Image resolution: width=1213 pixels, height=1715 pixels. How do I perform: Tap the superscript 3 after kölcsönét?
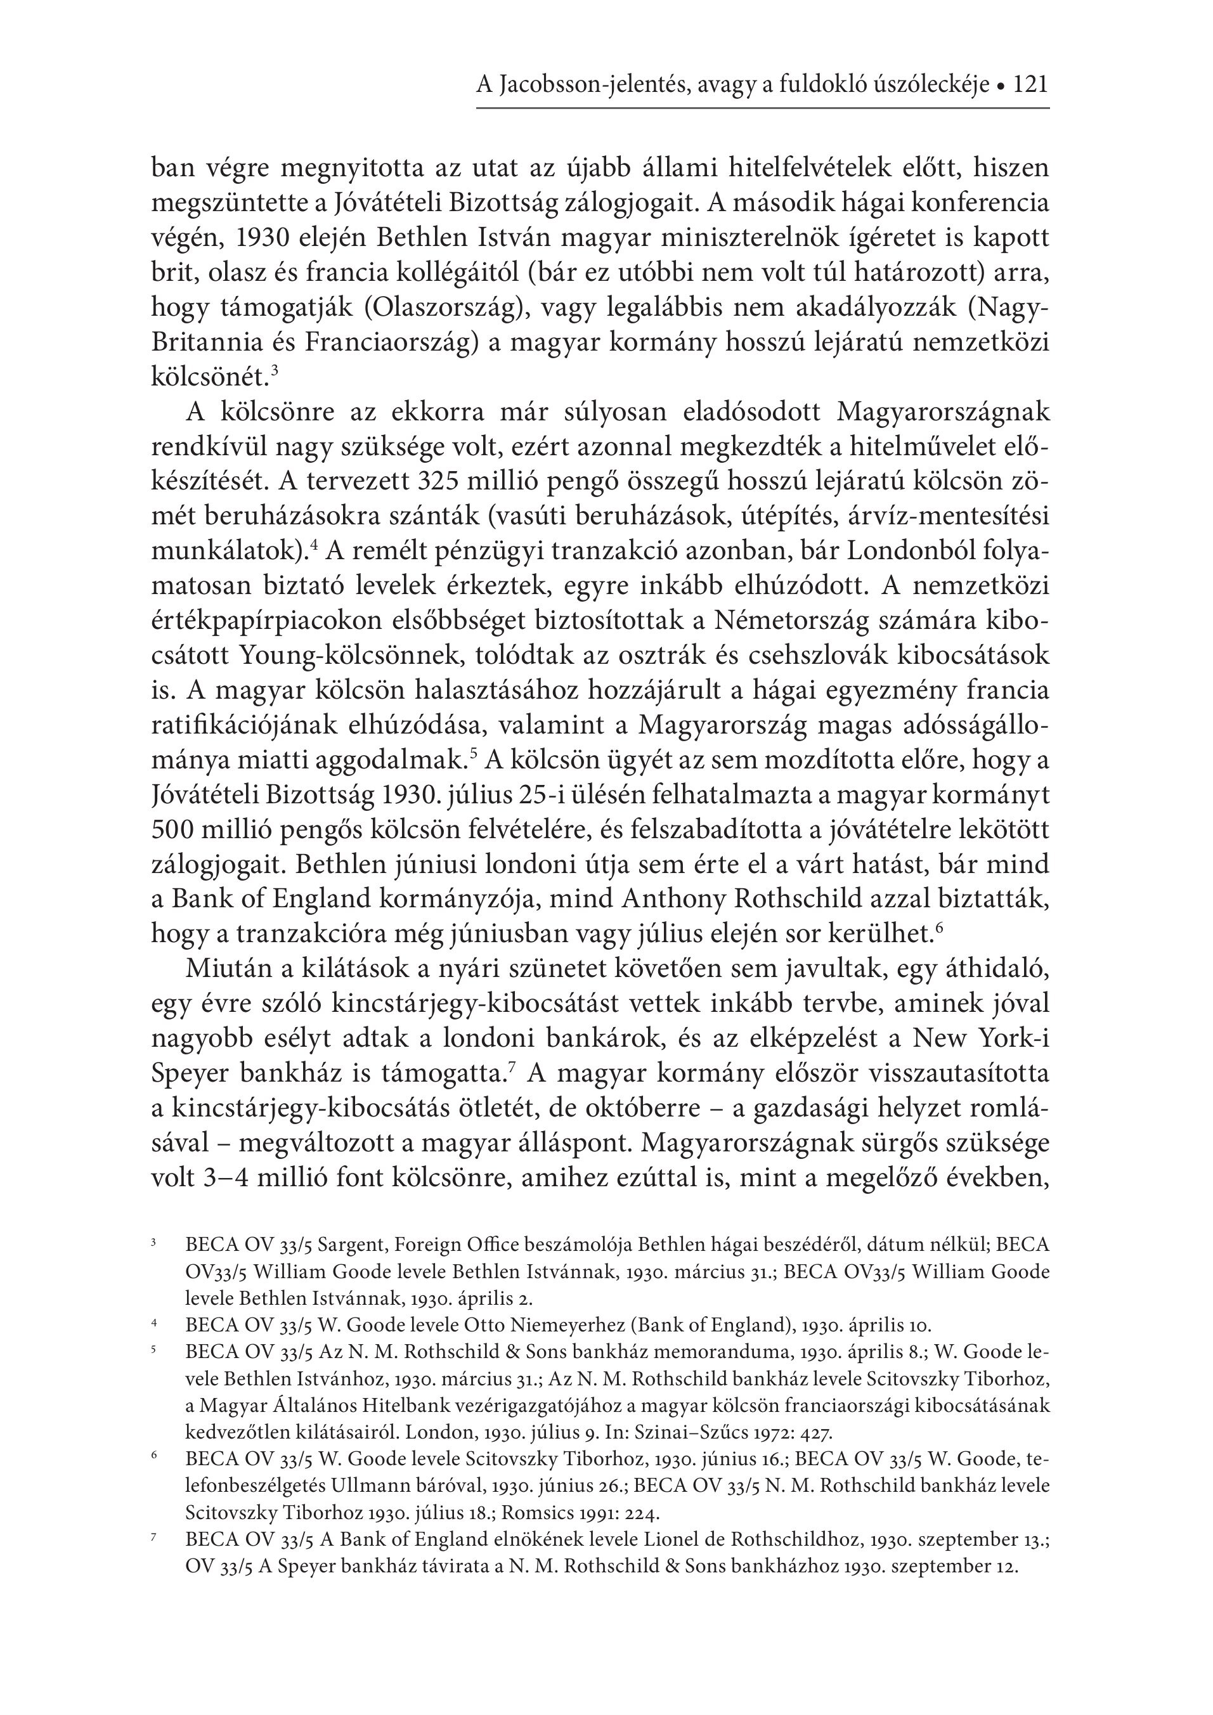click(275, 368)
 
